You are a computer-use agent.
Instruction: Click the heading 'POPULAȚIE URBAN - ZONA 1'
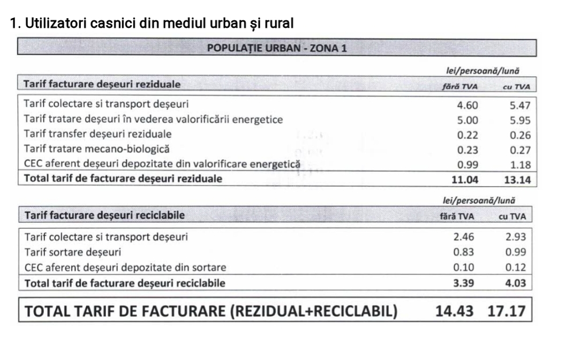click(276, 48)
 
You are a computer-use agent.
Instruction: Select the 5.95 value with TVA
click(520, 121)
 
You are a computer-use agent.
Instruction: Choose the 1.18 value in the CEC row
click(520, 164)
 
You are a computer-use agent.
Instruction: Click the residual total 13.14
click(518, 179)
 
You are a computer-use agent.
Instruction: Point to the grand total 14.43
click(452, 311)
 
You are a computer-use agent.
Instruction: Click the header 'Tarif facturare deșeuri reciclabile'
click(105, 215)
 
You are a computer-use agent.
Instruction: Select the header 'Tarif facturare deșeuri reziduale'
click(102, 84)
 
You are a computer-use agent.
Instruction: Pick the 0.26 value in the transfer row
click(520, 135)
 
